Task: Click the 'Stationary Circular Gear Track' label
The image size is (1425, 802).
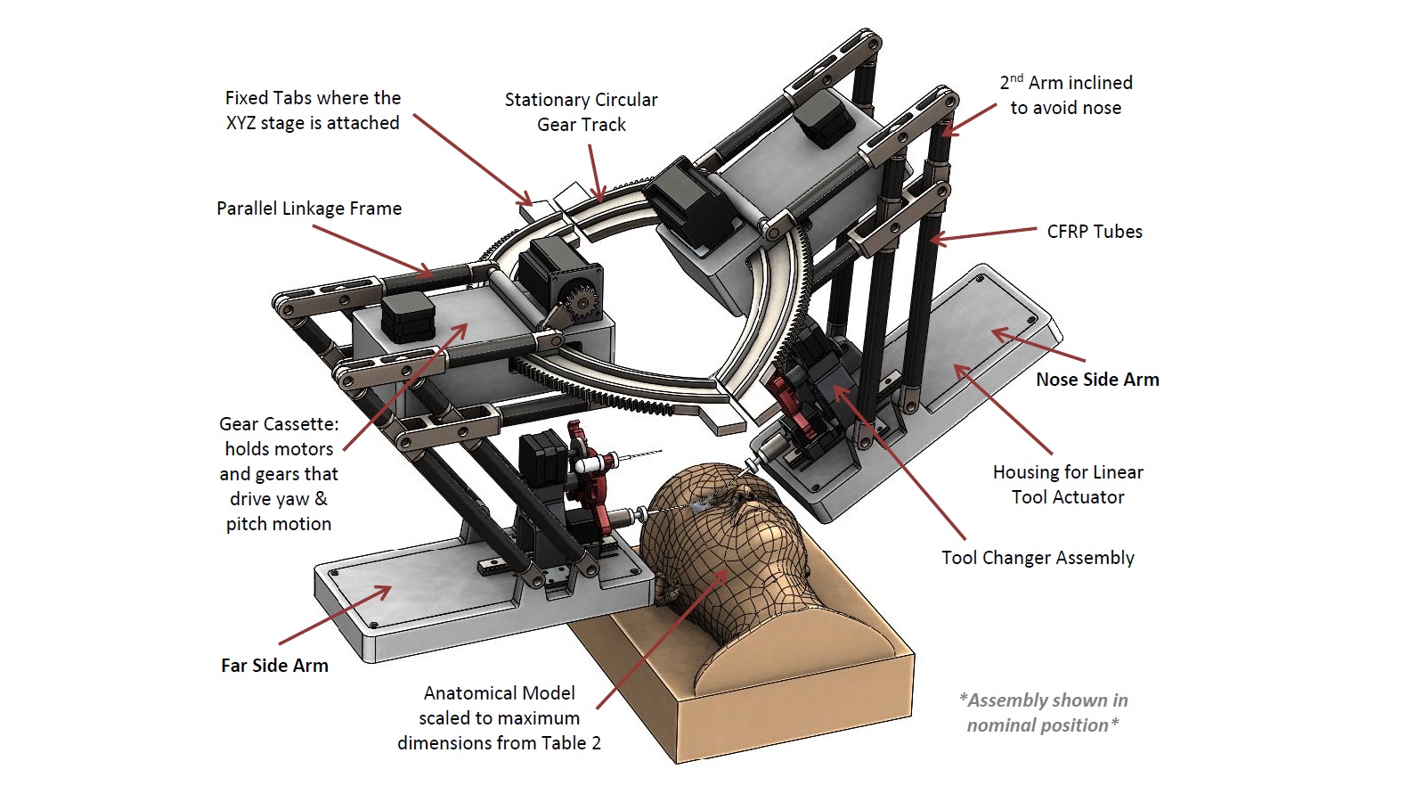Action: tap(581, 112)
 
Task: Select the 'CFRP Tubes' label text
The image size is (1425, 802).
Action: tap(1094, 232)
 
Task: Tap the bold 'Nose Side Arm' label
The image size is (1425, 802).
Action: tap(1097, 380)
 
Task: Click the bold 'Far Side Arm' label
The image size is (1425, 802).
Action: tap(274, 666)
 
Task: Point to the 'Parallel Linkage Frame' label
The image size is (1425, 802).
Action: tap(309, 209)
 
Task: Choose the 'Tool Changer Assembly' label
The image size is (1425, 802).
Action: tap(1038, 558)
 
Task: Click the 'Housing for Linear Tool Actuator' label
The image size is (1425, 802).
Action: tap(1068, 485)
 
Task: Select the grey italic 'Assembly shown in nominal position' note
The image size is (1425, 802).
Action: tap(1043, 713)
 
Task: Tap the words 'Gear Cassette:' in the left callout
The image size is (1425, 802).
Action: tap(279, 424)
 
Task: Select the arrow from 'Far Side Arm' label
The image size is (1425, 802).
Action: tap(335, 615)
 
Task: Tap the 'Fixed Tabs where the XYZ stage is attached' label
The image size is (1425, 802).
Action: tap(313, 110)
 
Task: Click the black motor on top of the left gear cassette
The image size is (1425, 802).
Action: tap(408, 316)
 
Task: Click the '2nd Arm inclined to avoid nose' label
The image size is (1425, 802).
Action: tap(1066, 95)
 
